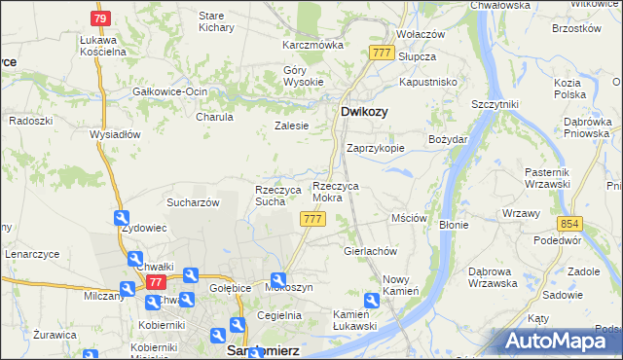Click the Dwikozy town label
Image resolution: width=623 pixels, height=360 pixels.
pyautogui.click(x=365, y=112)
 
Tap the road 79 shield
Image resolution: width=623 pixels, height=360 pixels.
pyautogui.click(x=100, y=18)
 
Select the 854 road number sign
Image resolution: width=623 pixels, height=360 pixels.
pyautogui.click(x=570, y=223)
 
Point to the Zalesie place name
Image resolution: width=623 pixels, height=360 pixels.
pyautogui.click(x=292, y=126)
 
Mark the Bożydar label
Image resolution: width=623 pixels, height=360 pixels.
pyautogui.click(x=449, y=140)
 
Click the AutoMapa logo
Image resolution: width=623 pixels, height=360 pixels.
pyautogui.click(x=563, y=342)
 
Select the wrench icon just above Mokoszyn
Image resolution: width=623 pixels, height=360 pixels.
pyautogui.click(x=278, y=277)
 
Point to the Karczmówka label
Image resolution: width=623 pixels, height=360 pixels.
pyautogui.click(x=313, y=46)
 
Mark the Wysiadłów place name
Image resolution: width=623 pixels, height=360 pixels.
pyautogui.click(x=116, y=134)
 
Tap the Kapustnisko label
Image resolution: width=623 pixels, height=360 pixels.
pyautogui.click(x=428, y=83)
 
